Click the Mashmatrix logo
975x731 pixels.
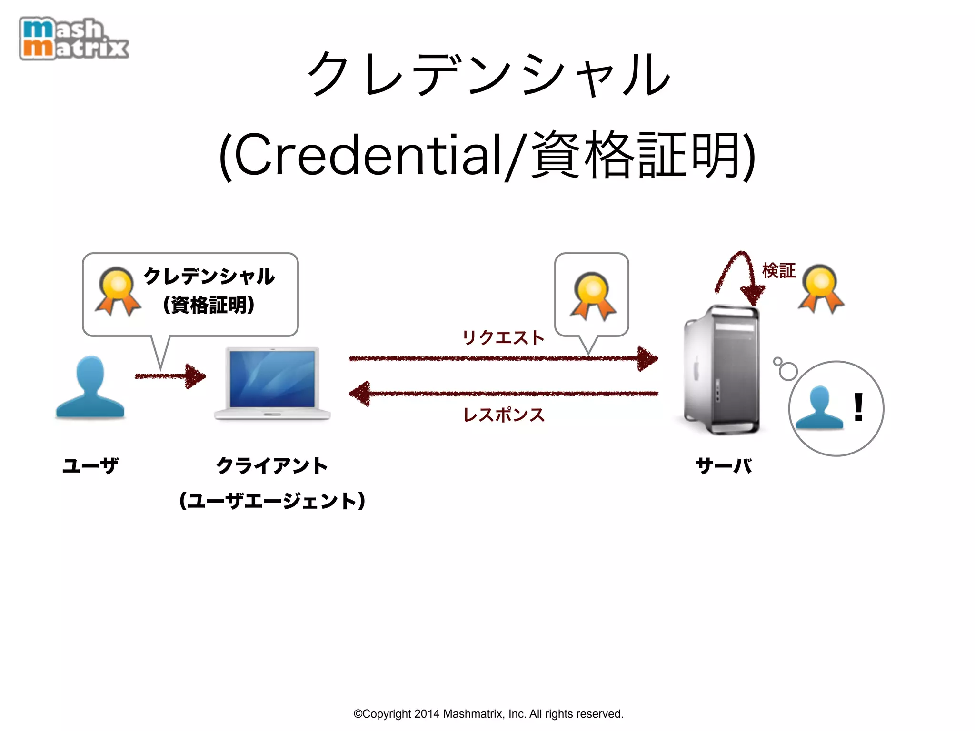tap(74, 39)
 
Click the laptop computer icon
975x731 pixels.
tap(272, 384)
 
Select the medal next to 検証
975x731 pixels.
tap(821, 288)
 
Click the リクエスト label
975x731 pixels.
tap(503, 338)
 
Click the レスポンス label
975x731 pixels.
tap(504, 415)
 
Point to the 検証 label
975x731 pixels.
tap(779, 270)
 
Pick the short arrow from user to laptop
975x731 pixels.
tap(170, 376)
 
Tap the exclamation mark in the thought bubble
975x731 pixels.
tap(858, 407)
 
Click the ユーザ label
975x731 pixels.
tap(90, 465)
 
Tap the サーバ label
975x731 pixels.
tap(724, 465)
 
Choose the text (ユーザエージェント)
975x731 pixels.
tap(272, 501)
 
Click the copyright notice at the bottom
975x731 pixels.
tap(488, 714)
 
